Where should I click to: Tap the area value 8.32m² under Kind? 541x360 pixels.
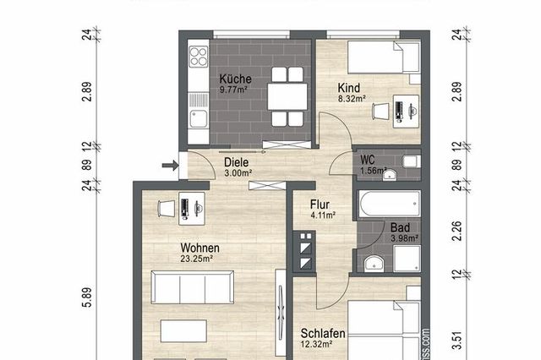click(x=351, y=99)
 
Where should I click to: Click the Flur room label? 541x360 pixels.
click(x=319, y=204)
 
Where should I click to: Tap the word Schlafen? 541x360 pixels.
click(x=319, y=332)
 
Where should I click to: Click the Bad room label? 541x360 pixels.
click(x=400, y=226)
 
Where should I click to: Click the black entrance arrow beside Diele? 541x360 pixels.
click(x=167, y=166)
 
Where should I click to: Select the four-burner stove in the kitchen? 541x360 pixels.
click(x=199, y=57)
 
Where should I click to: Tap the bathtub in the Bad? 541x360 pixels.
click(x=389, y=204)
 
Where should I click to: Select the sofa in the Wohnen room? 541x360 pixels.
click(x=192, y=286)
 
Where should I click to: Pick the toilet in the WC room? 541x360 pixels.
click(x=409, y=161)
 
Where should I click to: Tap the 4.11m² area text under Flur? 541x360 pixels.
click(x=322, y=215)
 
